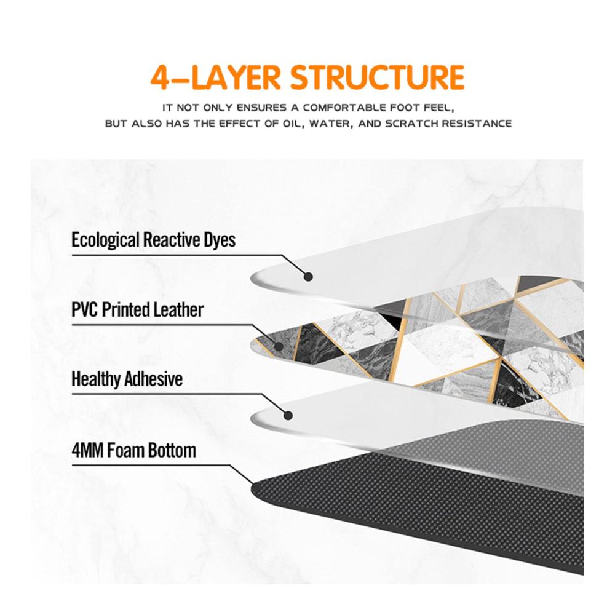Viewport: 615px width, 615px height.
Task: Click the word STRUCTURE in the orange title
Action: pos(377,77)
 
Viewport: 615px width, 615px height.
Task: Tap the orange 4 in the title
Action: pos(160,77)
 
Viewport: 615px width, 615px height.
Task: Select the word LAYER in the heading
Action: pos(236,77)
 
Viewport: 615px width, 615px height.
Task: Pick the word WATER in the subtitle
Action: pos(330,124)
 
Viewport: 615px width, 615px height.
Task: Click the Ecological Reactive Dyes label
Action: pos(153,240)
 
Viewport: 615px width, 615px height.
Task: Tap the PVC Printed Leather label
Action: pos(138,309)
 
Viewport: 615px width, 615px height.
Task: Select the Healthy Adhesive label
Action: pos(127,379)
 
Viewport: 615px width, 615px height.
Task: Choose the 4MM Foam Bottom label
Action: pos(133,450)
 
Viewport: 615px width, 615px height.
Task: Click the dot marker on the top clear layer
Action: pos(308,277)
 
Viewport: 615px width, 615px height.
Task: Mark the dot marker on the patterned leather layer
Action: pos(279,346)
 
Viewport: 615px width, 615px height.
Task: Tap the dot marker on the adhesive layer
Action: pos(288,415)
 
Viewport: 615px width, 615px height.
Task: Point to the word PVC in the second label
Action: pos(84,309)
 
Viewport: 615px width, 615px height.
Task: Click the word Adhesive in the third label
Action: pos(154,379)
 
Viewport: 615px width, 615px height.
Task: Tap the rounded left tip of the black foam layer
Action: pos(253,489)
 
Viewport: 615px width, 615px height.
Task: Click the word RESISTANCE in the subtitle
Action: pos(477,124)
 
